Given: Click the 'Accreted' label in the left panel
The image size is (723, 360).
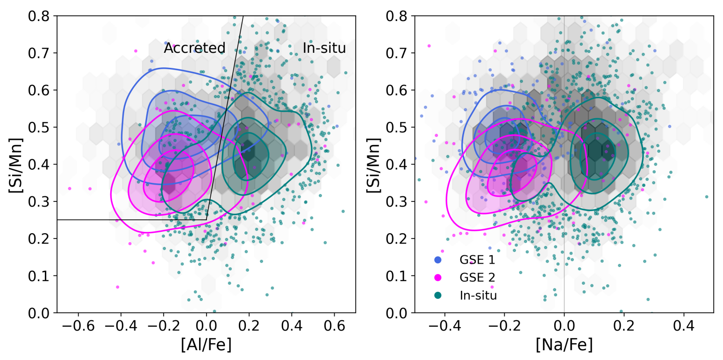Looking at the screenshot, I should tap(194, 48).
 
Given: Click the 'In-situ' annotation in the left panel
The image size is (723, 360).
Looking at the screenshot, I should tap(324, 48).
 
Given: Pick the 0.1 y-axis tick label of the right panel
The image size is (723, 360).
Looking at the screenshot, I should tap(400, 276).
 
